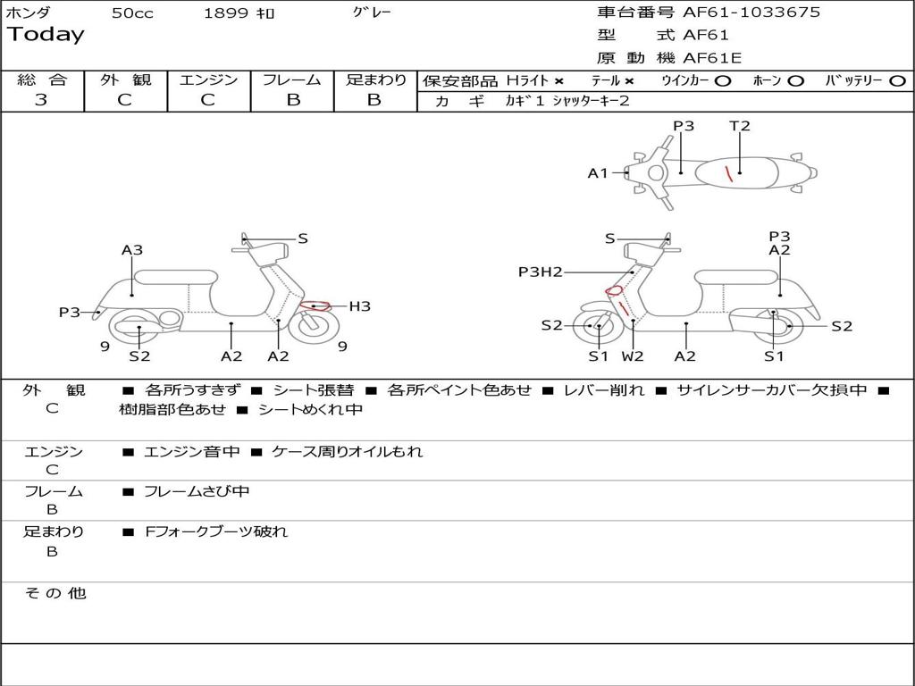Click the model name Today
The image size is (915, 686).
pyautogui.click(x=46, y=35)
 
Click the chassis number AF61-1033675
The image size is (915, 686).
pyautogui.click(x=751, y=13)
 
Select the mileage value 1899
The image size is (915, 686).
pyautogui.click(x=225, y=13)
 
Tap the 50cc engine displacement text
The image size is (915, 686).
pyautogui.click(x=132, y=13)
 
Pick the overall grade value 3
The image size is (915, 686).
pyautogui.click(x=41, y=100)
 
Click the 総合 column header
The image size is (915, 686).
pyautogui.click(x=42, y=79)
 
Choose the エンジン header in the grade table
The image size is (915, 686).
pyautogui.click(x=208, y=79)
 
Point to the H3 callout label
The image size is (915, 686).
pyautogui.click(x=359, y=306)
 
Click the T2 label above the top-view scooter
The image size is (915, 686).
pyautogui.click(x=740, y=126)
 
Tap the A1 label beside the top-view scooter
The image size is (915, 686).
pyautogui.click(x=598, y=173)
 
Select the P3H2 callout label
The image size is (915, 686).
pyautogui.click(x=541, y=272)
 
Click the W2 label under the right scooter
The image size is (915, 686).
pyautogui.click(x=633, y=356)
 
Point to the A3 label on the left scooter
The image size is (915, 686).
pyautogui.click(x=132, y=250)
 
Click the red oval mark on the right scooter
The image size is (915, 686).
pyautogui.click(x=614, y=289)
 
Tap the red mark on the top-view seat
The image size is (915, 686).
pyautogui.click(x=729, y=173)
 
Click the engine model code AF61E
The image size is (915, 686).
pyautogui.click(x=712, y=58)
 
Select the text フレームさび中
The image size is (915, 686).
pyautogui.click(x=197, y=491)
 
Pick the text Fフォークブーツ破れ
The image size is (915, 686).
pyautogui.click(x=216, y=531)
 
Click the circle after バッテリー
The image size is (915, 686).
pyautogui.click(x=897, y=80)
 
